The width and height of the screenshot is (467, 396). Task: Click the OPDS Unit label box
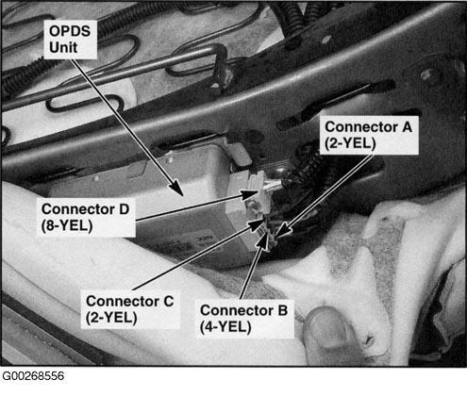coord(70,40)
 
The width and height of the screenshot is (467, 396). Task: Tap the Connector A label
coord(369,135)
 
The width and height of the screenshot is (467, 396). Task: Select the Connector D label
coord(86,218)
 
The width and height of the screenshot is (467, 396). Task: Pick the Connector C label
coord(130,309)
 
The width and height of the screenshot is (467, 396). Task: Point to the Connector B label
coord(244,319)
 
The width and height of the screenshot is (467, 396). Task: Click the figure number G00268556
coord(33,376)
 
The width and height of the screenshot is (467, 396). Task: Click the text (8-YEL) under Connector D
coord(67,225)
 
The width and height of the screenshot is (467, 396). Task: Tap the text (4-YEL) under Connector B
coord(225,327)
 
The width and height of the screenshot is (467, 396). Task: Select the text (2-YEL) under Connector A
coord(350,143)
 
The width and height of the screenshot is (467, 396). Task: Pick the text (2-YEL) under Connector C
coord(111,318)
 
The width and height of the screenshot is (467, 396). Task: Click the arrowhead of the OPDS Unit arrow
coord(177,189)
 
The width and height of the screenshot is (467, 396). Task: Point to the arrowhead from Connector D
coord(252,195)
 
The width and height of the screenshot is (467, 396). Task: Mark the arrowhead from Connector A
coord(282,231)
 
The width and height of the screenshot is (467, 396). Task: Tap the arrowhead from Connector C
coord(256,223)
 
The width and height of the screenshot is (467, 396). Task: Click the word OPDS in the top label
coord(70,31)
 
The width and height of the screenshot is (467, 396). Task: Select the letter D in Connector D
coord(124,209)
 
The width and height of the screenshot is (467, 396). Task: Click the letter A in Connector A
coord(407,127)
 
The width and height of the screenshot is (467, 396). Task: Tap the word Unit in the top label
coord(63,47)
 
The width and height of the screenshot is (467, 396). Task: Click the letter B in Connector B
coord(282,310)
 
